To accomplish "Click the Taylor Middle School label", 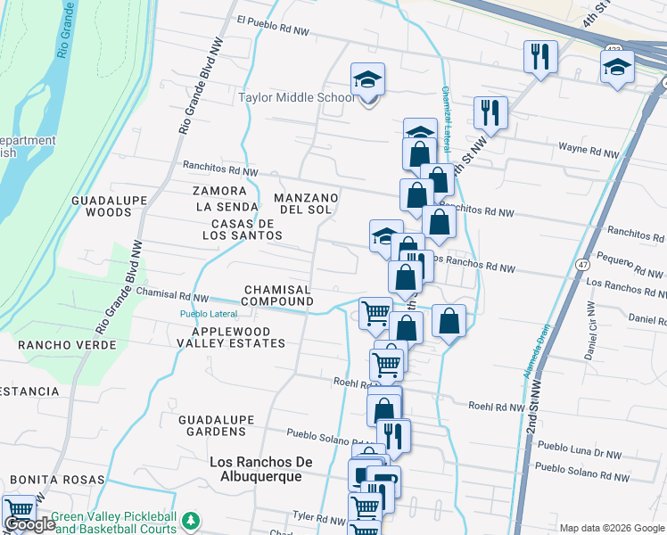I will click(297, 97).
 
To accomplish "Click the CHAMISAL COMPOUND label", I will click(278, 296).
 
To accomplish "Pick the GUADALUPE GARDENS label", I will click(212, 425).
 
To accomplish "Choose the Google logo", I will click(29, 524).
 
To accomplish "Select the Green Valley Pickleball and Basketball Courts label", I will click(114, 523).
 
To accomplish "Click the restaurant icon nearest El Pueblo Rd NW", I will click(539, 57).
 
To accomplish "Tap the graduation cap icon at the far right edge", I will click(617, 67).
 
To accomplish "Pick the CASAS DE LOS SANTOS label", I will click(246, 229).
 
